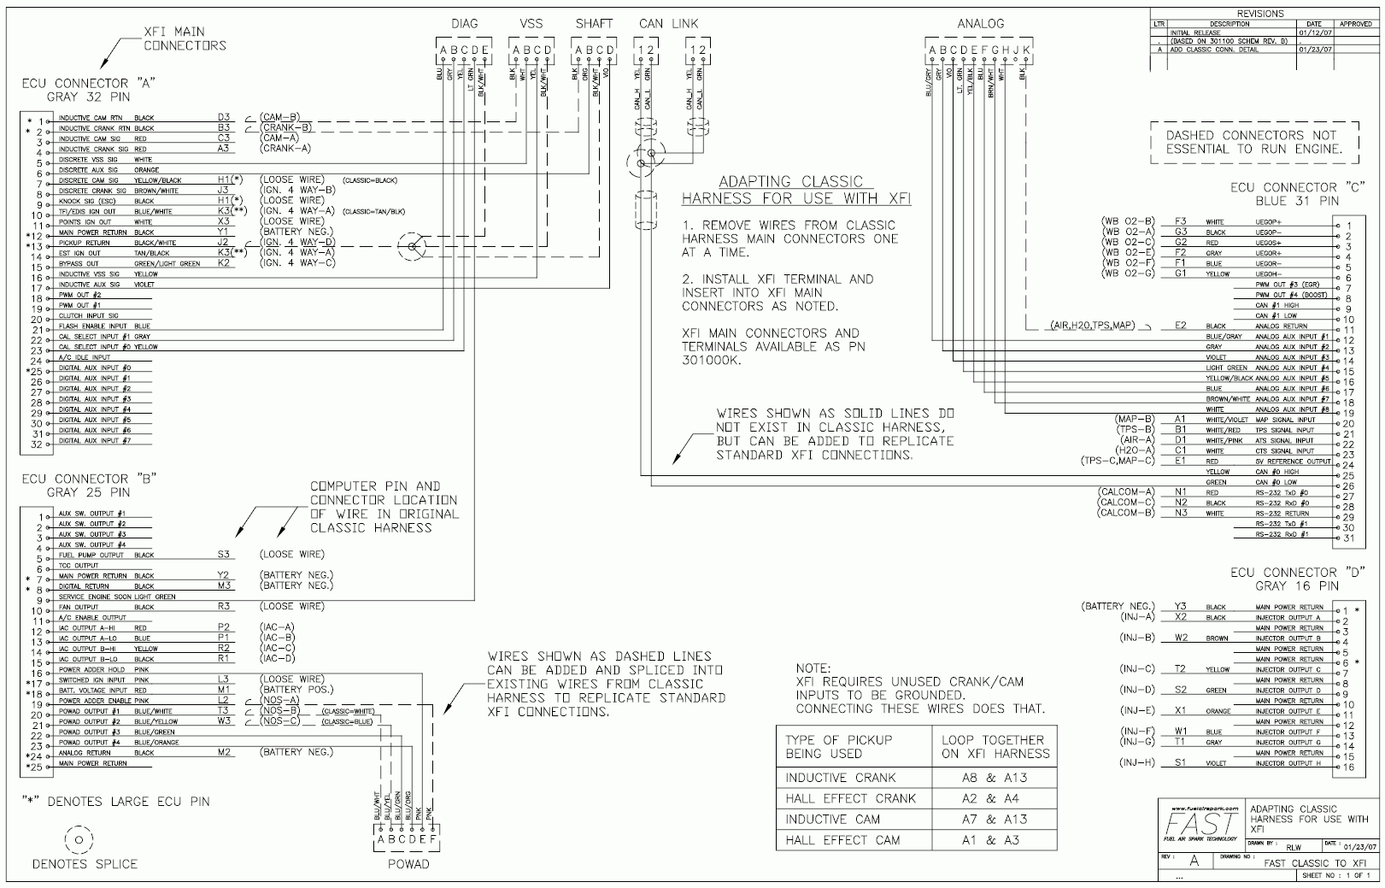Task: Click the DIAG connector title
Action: pos(464,24)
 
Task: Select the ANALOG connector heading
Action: pos(980,24)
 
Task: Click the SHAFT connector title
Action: pos(594,24)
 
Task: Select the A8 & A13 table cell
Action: pos(991,778)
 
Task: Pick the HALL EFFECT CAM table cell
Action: pos(842,840)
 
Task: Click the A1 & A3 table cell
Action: pos(991,840)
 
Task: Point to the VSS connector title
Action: pos(531,24)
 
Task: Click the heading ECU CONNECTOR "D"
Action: pos(1298,573)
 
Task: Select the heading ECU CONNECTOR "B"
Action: pos(89,479)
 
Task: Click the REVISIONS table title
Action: pos(1260,14)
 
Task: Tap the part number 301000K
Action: pos(712,361)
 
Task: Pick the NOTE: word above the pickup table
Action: pos(813,667)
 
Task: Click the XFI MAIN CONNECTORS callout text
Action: pos(185,38)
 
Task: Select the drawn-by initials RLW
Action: pos(1294,847)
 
